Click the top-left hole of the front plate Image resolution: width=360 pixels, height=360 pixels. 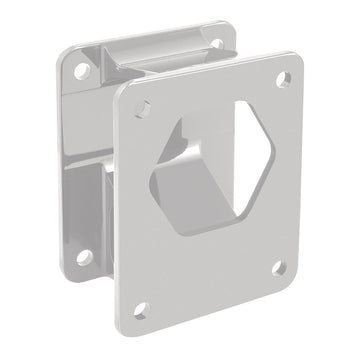click(x=147, y=103)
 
